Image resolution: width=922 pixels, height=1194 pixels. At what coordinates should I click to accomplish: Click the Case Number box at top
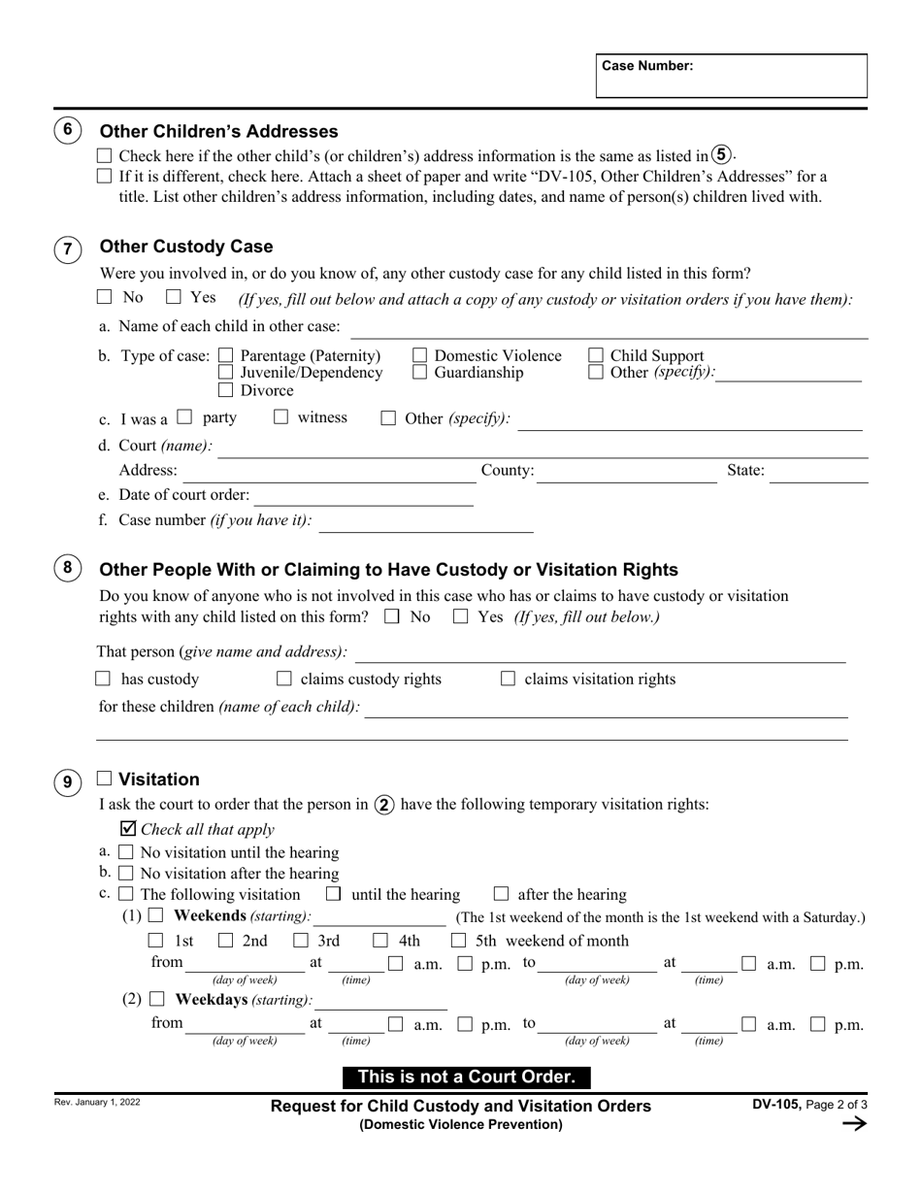(731, 76)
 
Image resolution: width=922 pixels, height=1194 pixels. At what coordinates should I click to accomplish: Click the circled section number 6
(67, 130)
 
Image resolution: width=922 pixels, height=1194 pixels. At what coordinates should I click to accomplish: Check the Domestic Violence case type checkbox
(420, 356)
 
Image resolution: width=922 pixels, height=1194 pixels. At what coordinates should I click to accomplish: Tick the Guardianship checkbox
(420, 373)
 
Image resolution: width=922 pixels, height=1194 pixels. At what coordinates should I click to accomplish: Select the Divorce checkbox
(225, 390)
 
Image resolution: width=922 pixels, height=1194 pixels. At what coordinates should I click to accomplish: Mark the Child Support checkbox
(596, 356)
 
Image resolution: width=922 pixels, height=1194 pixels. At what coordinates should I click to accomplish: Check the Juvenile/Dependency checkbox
(225, 373)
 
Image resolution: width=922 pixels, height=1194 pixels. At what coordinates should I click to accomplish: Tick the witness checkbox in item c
(281, 417)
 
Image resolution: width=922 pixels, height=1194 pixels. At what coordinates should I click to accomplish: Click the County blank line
(626, 473)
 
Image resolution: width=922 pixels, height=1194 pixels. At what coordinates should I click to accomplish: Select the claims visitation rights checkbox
(508, 680)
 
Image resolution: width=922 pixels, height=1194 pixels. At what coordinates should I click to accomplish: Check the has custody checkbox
(104, 680)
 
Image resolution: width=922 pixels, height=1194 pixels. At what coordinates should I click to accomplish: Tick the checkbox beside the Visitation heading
(105, 779)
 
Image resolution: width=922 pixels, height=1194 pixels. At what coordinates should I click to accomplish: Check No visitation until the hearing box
(125, 852)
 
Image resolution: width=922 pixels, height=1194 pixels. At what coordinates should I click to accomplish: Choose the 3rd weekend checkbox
(300, 941)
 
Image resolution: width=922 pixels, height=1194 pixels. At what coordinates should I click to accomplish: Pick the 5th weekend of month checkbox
(458, 941)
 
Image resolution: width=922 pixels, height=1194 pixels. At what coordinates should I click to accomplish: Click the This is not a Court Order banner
(466, 1077)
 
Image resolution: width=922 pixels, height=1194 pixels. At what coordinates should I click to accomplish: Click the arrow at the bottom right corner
(853, 1124)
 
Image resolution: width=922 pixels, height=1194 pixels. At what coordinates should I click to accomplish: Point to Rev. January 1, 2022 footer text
(98, 1103)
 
